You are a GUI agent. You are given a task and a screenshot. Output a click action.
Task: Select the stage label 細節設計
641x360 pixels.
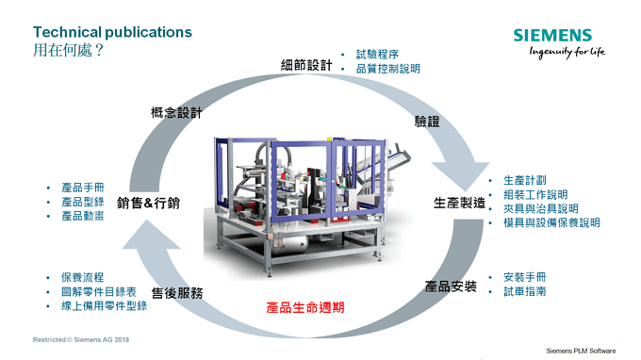[306, 65]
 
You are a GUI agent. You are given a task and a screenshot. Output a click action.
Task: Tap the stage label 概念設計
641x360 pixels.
[177, 113]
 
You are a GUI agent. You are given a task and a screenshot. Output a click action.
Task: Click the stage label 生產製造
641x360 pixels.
[459, 203]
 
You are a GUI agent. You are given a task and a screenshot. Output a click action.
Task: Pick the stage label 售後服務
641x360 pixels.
[177, 293]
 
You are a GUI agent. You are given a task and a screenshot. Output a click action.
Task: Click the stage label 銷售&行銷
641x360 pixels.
[149, 203]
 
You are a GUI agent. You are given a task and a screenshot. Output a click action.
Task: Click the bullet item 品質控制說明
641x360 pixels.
[387, 69]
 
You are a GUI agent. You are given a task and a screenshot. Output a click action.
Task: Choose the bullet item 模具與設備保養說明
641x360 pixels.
[551, 223]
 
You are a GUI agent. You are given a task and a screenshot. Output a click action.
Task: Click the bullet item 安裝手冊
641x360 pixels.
[524, 277]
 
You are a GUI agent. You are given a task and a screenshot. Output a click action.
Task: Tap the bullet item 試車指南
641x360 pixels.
[524, 292]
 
